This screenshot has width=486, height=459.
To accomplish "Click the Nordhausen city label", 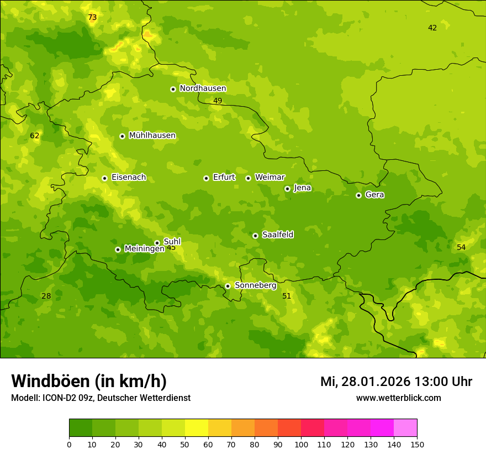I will tap(203, 88).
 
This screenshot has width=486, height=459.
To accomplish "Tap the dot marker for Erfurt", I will tap(206, 178).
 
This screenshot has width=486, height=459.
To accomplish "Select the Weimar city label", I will tap(270, 178).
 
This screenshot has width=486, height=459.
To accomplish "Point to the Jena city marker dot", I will tap(287, 189).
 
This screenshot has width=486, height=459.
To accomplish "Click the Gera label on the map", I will tap(374, 195).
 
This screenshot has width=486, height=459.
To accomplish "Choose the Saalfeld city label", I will tap(277, 235).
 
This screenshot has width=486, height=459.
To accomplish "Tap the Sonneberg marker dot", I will tap(228, 286).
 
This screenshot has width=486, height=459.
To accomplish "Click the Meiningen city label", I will tap(144, 249).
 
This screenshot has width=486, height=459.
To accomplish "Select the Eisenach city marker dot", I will tap(104, 178).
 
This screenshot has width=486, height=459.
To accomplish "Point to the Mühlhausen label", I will tap(152, 135).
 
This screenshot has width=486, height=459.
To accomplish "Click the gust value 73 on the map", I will tap(92, 18).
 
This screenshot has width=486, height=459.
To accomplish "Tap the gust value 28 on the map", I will tap(46, 296).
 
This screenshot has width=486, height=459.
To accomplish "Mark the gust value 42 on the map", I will tap(432, 28).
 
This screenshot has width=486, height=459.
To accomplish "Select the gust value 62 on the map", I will tap(35, 136).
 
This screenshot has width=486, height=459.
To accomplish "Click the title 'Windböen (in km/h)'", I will tap(89, 381).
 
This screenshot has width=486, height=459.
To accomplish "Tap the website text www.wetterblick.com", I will tap(398, 398).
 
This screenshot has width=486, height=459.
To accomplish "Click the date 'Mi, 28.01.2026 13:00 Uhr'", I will tap(396, 382).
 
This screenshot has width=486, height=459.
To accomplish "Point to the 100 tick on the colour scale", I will tap(301, 444).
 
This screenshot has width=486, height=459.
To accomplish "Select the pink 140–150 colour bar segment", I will tap(405, 427).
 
